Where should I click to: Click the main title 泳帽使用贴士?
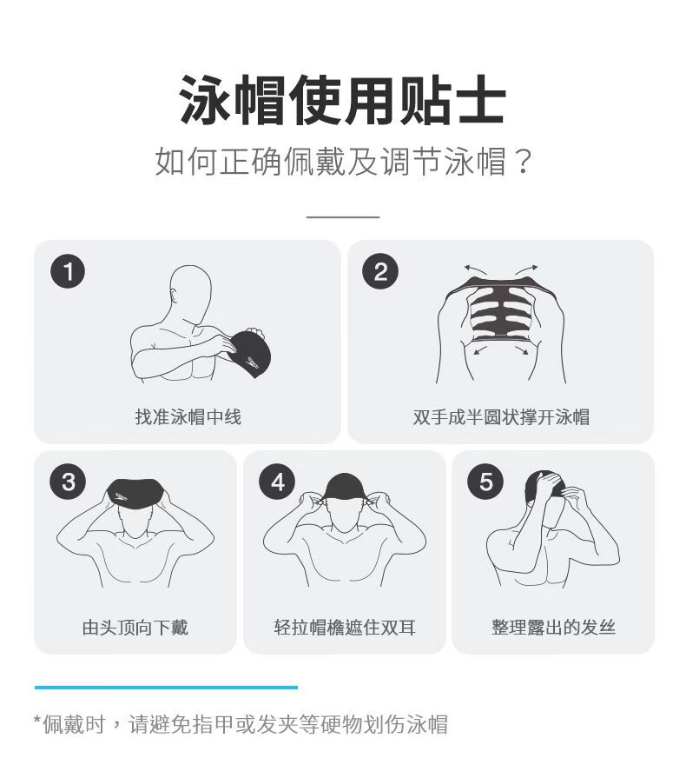point(342,100)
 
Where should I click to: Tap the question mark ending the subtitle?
point(524,162)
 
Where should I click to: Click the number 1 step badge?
point(68,271)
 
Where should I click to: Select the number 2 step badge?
point(380,271)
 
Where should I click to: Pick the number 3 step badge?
point(68,482)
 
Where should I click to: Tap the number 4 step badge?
point(277,482)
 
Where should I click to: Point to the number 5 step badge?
point(485,482)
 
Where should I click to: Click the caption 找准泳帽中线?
point(188,416)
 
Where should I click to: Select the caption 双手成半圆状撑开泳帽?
point(501,416)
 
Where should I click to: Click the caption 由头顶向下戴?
point(135,627)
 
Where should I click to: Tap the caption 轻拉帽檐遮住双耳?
point(345,627)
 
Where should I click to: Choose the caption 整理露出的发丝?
point(553,627)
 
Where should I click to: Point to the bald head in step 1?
point(191,293)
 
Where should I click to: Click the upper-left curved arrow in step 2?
point(475,269)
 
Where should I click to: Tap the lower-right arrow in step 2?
point(521,351)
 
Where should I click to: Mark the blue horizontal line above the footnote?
point(166,688)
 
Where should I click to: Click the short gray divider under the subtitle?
point(342,216)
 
